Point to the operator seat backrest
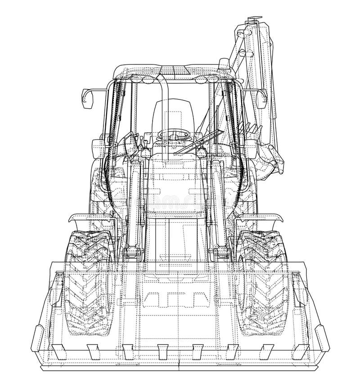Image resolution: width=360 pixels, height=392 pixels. coord(173,115)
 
